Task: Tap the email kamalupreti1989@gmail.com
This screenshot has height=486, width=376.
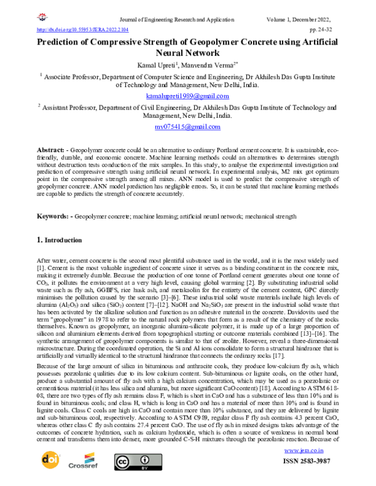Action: (x=187, y=96)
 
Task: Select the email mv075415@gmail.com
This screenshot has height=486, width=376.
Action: (x=187, y=127)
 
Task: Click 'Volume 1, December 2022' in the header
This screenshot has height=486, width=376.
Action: (x=320, y=19)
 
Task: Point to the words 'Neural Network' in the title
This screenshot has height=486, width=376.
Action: (x=187, y=53)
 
